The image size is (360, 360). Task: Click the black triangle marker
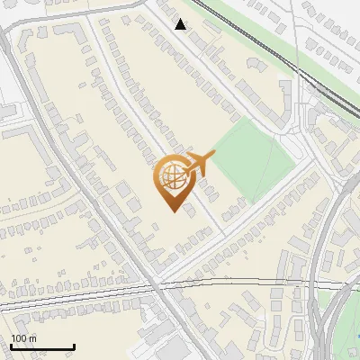pyautogui.click(x=181, y=24)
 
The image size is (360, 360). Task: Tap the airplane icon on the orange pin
pyautogui.click(x=200, y=163)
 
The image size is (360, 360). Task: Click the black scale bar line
pyautogui.click(x=42, y=347)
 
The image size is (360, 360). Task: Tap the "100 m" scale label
pyautogui.click(x=24, y=338)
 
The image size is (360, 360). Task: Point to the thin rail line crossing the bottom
pyautogui.click(x=90, y=290)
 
